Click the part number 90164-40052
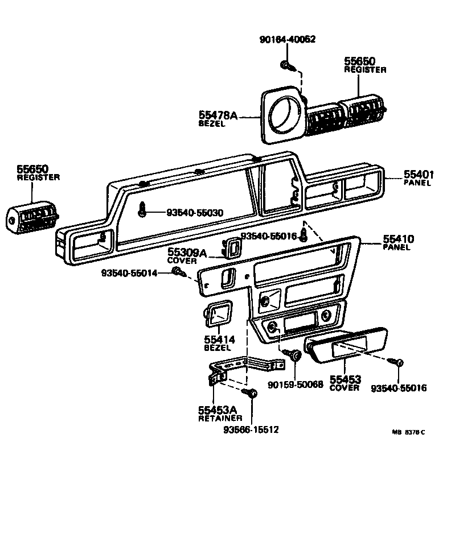(x=287, y=39)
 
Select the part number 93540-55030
(x=195, y=213)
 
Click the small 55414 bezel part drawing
(x=217, y=315)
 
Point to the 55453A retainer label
(x=217, y=413)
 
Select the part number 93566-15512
(x=251, y=429)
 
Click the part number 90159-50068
(x=295, y=385)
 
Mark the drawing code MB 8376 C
(x=408, y=432)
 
